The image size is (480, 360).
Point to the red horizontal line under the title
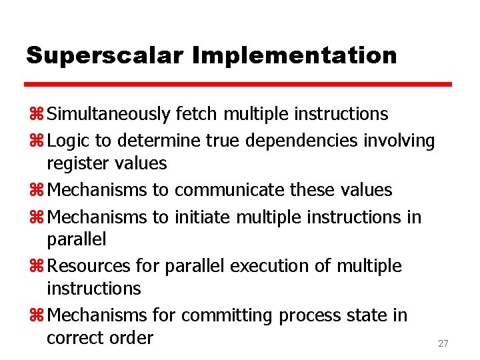(x=239, y=85)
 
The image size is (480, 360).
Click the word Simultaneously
(x=109, y=114)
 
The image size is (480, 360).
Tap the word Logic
(x=70, y=141)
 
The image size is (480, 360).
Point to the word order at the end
(x=129, y=337)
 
